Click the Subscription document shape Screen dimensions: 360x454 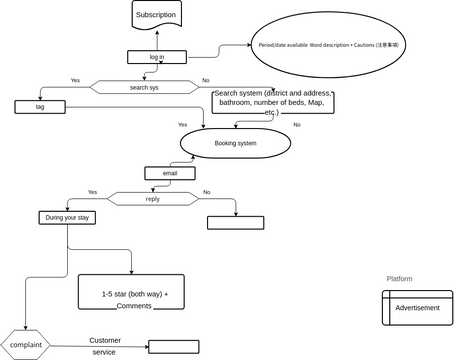click(156, 14)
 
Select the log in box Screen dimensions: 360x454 click(157, 57)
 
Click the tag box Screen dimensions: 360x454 click(40, 106)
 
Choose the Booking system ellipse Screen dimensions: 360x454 click(236, 143)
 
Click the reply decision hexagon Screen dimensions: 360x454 click(152, 198)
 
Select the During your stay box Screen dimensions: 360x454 click(67, 217)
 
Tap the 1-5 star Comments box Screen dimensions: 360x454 click(131, 292)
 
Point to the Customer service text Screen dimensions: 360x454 click(103, 346)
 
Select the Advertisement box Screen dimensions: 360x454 click(417, 308)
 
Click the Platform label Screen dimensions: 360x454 click(399, 278)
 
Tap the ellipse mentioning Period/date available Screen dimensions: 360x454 click(329, 46)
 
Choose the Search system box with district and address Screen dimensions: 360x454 click(272, 102)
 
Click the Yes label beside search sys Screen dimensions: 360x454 click(75, 80)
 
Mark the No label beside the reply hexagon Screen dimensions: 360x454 click(207, 192)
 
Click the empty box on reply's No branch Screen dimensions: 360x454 click(235, 223)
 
